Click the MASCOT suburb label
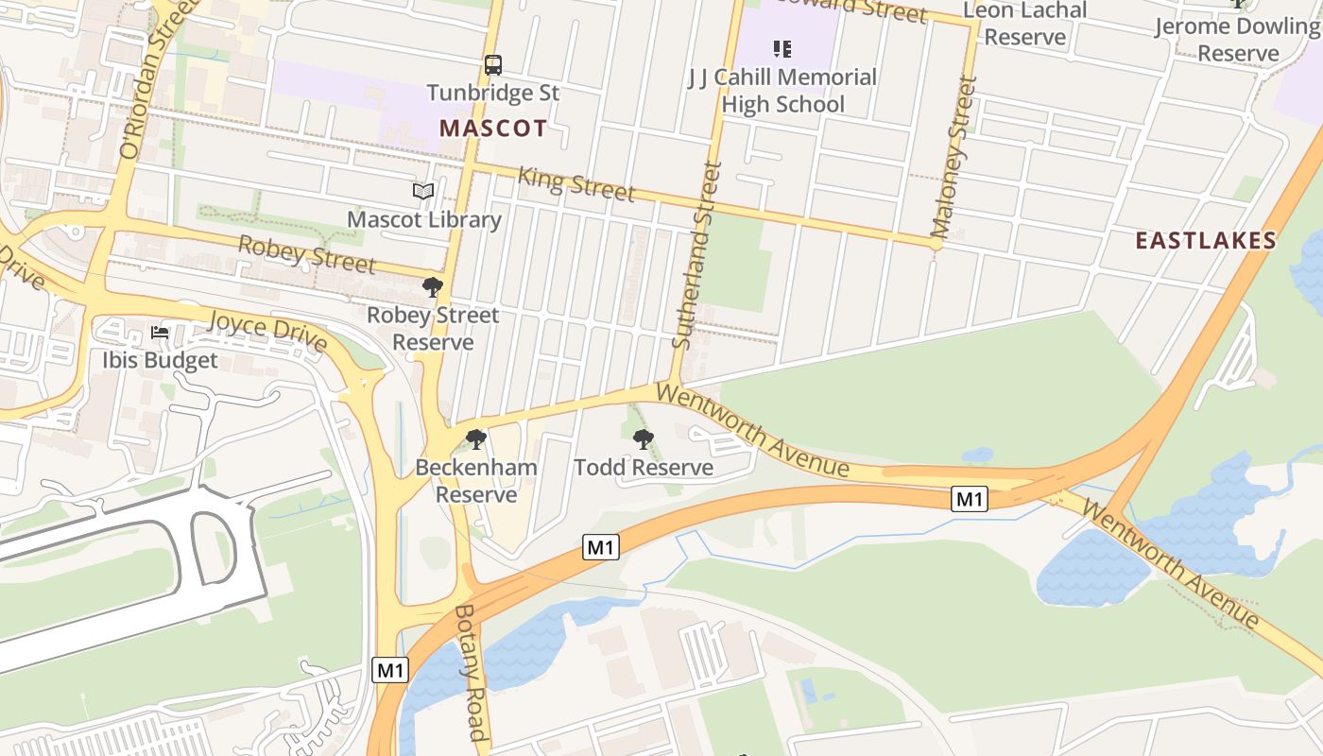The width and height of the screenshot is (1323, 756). [x=492, y=128]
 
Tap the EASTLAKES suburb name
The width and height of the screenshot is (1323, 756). [x=1205, y=240]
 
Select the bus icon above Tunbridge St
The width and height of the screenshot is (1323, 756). [x=492, y=65]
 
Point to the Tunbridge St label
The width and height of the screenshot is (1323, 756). [x=492, y=93]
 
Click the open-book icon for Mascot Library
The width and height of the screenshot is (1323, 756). [x=423, y=192]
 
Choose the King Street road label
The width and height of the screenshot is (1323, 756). [x=576, y=183]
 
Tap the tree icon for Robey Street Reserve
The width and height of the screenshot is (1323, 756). [x=433, y=286]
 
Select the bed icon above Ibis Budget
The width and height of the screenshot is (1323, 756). [x=160, y=333]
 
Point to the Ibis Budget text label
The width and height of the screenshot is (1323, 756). [x=160, y=360]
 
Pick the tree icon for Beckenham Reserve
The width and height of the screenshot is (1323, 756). [x=476, y=438]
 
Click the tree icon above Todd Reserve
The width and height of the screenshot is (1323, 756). [x=643, y=438]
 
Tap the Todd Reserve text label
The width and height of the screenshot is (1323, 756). [x=643, y=468]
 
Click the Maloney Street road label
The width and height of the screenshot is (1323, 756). [x=953, y=157]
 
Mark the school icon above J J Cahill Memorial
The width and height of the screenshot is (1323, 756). [x=782, y=48]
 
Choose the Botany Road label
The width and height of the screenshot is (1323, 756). [x=471, y=673]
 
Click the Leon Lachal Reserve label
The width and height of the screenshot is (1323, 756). [x=1024, y=25]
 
